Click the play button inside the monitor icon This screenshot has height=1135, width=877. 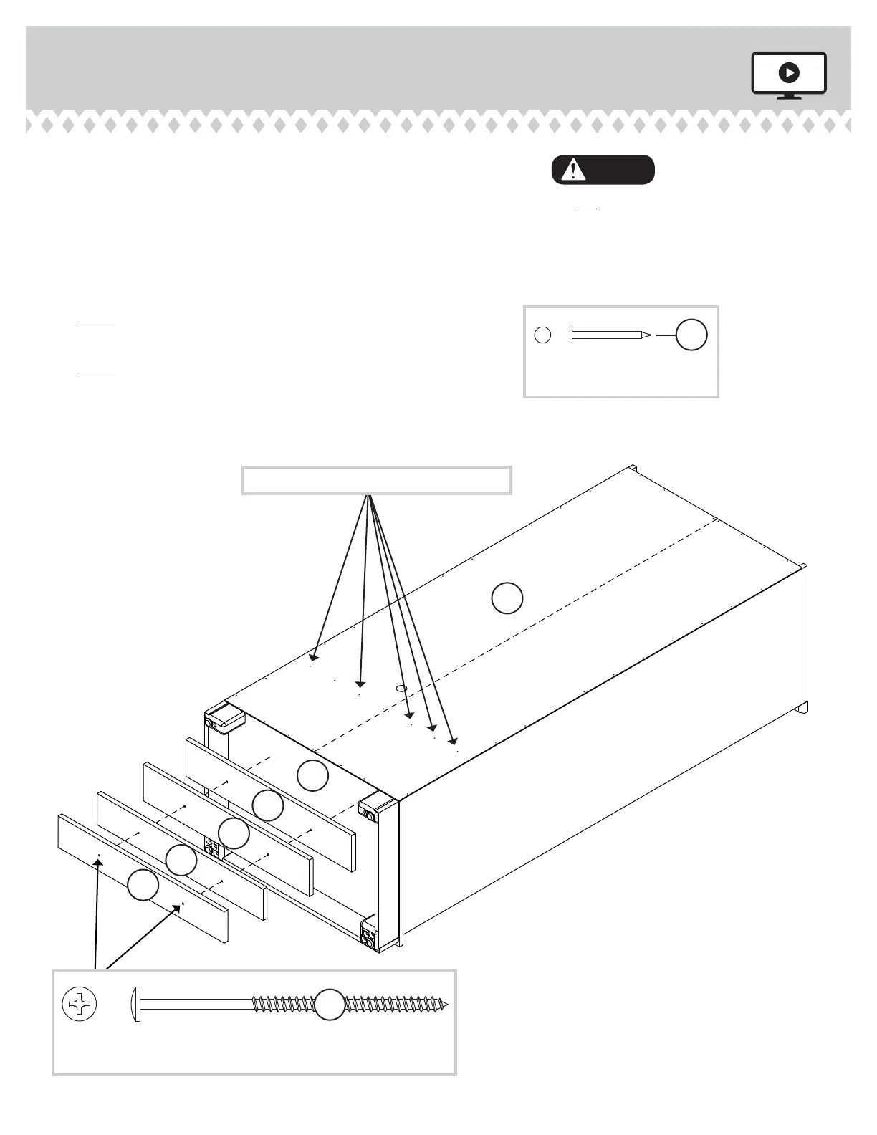(x=789, y=72)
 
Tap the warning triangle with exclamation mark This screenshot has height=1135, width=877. (x=572, y=171)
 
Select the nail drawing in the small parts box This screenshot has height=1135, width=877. (x=610, y=335)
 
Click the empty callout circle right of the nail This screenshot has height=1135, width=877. (x=692, y=335)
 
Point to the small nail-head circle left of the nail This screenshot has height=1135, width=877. (x=543, y=335)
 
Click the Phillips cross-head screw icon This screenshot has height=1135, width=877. (x=80, y=1004)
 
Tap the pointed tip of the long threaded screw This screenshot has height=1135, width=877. (x=446, y=1005)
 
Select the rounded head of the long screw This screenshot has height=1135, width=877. (x=136, y=1004)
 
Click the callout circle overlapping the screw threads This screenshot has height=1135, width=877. (x=330, y=1004)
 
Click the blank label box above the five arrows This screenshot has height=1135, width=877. (x=377, y=480)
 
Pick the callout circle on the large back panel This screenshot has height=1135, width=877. (x=507, y=598)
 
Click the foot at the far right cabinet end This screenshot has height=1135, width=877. (x=802, y=707)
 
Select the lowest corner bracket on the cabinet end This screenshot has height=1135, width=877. (x=369, y=937)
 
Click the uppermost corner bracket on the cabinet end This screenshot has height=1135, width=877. (x=218, y=719)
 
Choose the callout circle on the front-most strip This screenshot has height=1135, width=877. (x=143, y=886)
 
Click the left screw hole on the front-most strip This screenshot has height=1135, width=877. (x=99, y=856)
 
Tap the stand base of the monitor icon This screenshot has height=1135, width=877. (x=789, y=97)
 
